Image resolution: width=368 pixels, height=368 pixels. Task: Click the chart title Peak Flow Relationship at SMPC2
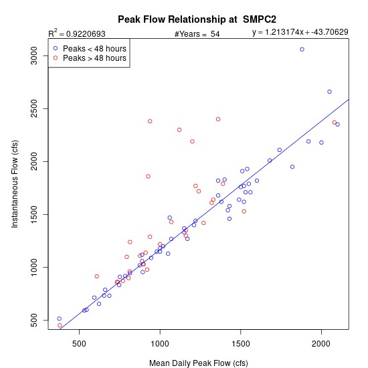pos(197,19)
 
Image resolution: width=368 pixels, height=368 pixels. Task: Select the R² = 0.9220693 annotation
pos(77,33)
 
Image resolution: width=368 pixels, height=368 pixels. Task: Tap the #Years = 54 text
pos(197,34)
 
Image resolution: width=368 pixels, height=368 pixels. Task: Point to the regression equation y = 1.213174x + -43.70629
pos(300,32)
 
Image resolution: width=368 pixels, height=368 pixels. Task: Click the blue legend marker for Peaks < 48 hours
pos(56,48)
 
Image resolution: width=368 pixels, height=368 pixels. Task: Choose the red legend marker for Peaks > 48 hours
pos(56,58)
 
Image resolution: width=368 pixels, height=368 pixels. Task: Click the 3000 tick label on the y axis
pos(34,56)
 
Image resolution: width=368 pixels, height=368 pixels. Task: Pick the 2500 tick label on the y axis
pos(34,108)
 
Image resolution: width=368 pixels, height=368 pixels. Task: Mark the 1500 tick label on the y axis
pos(34,214)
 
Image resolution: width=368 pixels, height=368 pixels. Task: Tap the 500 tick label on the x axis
pos(79,344)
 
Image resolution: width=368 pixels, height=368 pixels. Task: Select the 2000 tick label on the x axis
pos(321,344)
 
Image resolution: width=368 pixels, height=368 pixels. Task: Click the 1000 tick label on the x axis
pos(160,344)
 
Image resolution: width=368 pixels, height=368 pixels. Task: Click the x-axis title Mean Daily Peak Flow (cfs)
pos(199,363)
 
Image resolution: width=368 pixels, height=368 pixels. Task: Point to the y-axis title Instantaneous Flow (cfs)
pos(15,184)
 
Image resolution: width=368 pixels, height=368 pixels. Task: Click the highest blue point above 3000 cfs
pos(302,50)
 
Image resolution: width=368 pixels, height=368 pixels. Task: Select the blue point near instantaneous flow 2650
pos(329,92)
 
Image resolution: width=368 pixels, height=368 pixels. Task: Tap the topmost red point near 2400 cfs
pos(218,119)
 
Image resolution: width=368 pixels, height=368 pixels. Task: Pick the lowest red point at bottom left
pos(60,325)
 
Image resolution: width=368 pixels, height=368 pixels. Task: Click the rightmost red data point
pos(335,122)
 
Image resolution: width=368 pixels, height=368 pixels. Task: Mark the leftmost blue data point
pos(60,318)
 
